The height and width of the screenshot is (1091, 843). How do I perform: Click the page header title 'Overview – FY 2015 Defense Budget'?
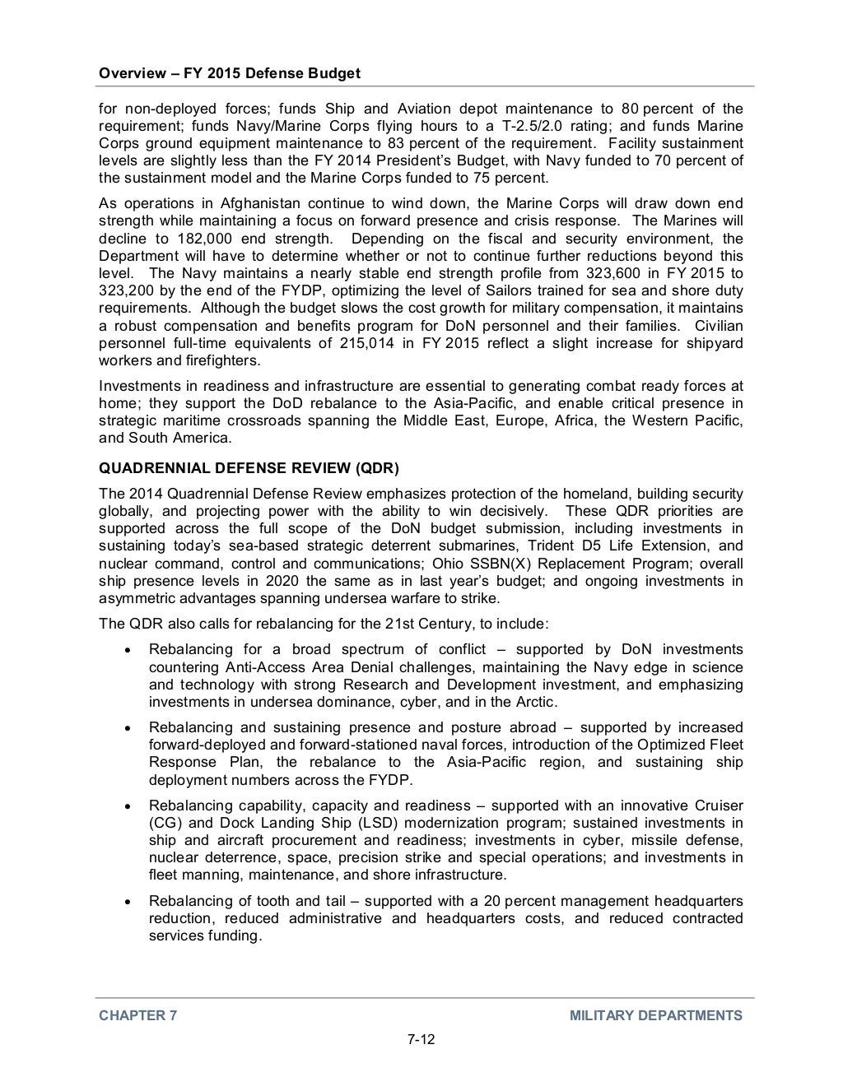point(230,73)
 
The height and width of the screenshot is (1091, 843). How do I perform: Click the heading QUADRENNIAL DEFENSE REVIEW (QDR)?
point(249,469)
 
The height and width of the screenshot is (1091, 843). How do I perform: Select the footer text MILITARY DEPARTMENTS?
point(656,1015)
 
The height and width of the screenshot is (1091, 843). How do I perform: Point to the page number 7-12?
point(421,1039)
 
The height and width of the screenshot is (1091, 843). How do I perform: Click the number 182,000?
point(186,239)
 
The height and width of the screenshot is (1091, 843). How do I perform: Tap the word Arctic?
point(536,702)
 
